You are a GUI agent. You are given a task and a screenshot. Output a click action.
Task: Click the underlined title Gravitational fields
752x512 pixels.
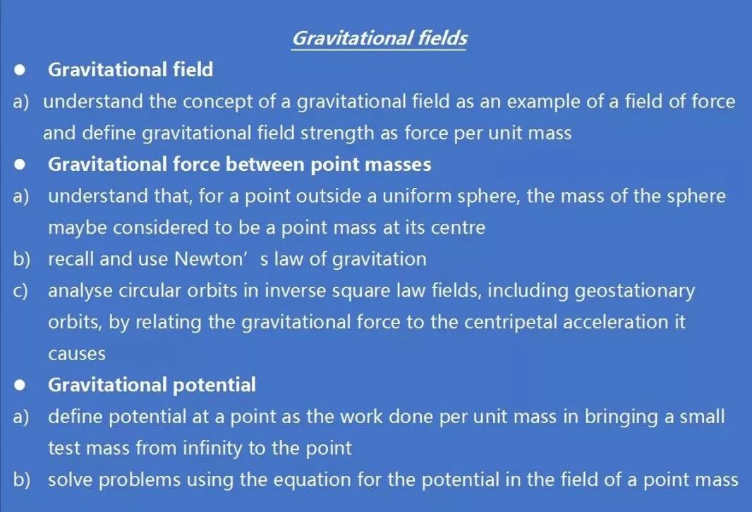pyautogui.click(x=380, y=38)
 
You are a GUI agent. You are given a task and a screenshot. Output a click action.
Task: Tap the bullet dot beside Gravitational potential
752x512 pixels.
pyautogui.click(x=20, y=385)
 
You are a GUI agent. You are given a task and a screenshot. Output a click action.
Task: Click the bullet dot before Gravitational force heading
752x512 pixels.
pyautogui.click(x=20, y=165)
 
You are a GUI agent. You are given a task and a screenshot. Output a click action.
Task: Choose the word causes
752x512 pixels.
pyautogui.click(x=77, y=355)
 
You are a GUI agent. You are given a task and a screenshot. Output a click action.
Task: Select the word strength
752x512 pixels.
pyautogui.click(x=336, y=133)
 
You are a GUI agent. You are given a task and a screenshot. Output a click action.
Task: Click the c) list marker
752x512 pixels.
pyautogui.click(x=20, y=291)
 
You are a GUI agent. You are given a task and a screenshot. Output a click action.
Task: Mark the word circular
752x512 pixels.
pyautogui.click(x=149, y=291)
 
